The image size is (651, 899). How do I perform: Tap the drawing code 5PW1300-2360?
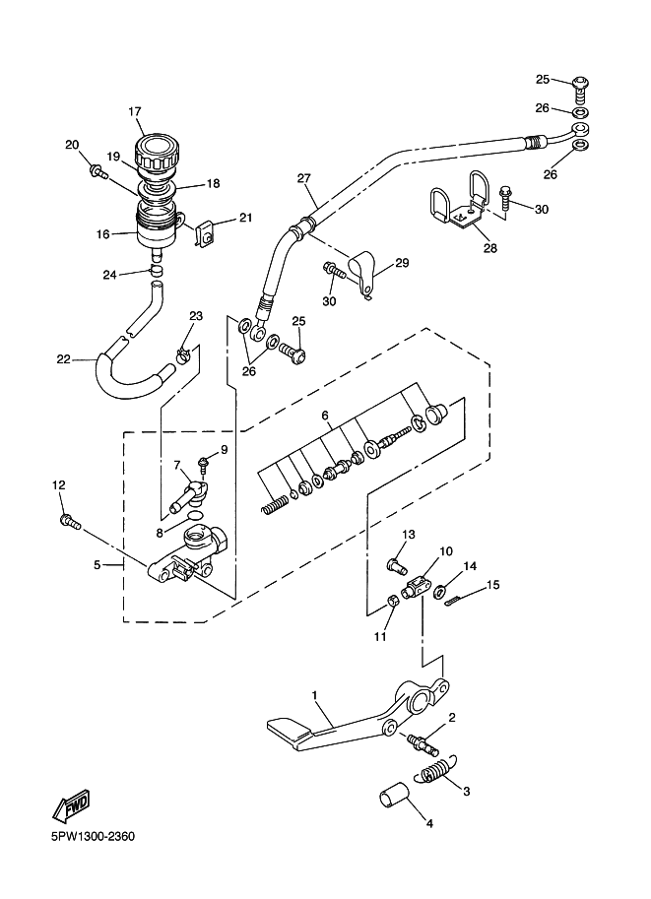click(93, 837)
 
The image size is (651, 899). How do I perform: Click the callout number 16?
click(102, 234)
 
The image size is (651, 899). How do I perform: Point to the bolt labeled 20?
click(98, 171)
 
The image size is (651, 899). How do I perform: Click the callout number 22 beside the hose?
click(63, 359)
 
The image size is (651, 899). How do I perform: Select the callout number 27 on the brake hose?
click(303, 178)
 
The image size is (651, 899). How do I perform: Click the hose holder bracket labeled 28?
click(458, 205)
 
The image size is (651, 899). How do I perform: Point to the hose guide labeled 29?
click(361, 275)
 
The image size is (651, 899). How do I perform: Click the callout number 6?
click(325, 416)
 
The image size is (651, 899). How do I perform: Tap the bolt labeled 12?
click(71, 522)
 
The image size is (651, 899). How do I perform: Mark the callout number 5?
click(97, 565)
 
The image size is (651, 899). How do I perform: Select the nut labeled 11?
click(390, 601)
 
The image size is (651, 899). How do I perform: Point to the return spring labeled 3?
click(437, 769)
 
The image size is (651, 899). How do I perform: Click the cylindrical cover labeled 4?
click(394, 794)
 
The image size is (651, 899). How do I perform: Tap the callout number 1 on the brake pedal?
click(314, 696)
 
